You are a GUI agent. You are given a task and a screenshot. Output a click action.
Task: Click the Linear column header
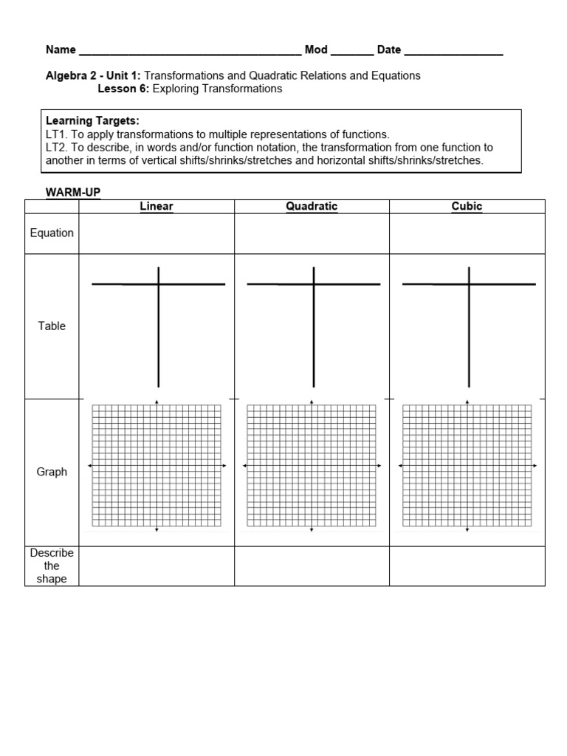[157, 207]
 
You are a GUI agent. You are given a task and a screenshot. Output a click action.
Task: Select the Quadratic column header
[312, 207]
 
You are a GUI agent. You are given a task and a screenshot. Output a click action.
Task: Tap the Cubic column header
[467, 207]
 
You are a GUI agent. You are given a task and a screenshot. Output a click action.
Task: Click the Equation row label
[52, 233]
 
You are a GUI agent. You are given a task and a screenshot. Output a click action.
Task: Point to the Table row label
[52, 326]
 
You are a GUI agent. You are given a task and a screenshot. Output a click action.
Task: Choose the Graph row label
[52, 472]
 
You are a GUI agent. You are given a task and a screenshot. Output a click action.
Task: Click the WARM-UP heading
[73, 193]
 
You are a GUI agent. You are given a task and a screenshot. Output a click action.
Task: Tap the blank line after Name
[190, 52]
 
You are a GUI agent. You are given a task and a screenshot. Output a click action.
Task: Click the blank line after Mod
[352, 52]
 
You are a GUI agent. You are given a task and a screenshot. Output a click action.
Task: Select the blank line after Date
[453, 52]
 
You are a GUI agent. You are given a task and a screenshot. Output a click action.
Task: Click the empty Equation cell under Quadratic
[312, 234]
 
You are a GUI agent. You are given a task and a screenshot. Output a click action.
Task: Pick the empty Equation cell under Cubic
[467, 234]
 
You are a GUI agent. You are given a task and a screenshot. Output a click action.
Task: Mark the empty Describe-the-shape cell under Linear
[157, 566]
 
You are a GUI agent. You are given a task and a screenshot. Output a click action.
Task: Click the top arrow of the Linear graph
[157, 402]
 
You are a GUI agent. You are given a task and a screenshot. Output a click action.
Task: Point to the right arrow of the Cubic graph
[535, 466]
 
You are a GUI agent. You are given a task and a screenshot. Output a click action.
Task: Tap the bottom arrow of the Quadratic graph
[312, 530]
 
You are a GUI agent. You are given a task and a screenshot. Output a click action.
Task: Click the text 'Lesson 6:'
[123, 89]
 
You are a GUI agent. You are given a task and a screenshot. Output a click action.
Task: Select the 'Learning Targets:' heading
[92, 120]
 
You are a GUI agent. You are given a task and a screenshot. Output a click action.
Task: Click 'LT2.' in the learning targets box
[57, 148]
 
